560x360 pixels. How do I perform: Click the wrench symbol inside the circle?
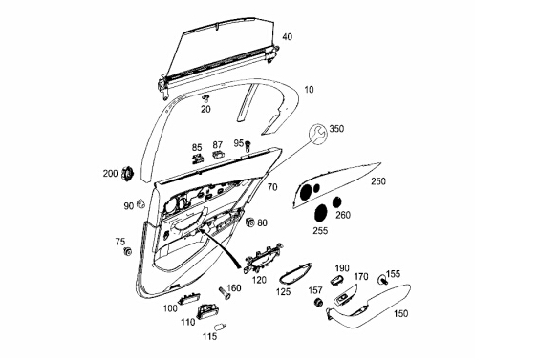[317, 134]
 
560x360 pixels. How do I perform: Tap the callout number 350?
[336, 129]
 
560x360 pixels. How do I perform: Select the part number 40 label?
[287, 36]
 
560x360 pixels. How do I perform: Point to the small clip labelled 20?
[205, 98]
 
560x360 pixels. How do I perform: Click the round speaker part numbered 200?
[127, 174]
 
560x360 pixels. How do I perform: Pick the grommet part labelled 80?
[250, 222]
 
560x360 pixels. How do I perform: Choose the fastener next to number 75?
[127, 251]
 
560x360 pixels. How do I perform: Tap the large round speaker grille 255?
[321, 213]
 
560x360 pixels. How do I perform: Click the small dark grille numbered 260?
[336, 201]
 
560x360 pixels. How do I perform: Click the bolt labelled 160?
[225, 292]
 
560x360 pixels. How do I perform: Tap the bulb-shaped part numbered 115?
[219, 327]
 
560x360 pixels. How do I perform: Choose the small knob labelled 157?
[318, 302]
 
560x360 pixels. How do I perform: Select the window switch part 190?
[337, 281]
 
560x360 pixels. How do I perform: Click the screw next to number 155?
[383, 280]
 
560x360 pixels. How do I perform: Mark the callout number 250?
[378, 181]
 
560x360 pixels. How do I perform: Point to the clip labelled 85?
[198, 158]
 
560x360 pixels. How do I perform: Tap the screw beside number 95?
[248, 144]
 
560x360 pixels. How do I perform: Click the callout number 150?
[400, 313]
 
